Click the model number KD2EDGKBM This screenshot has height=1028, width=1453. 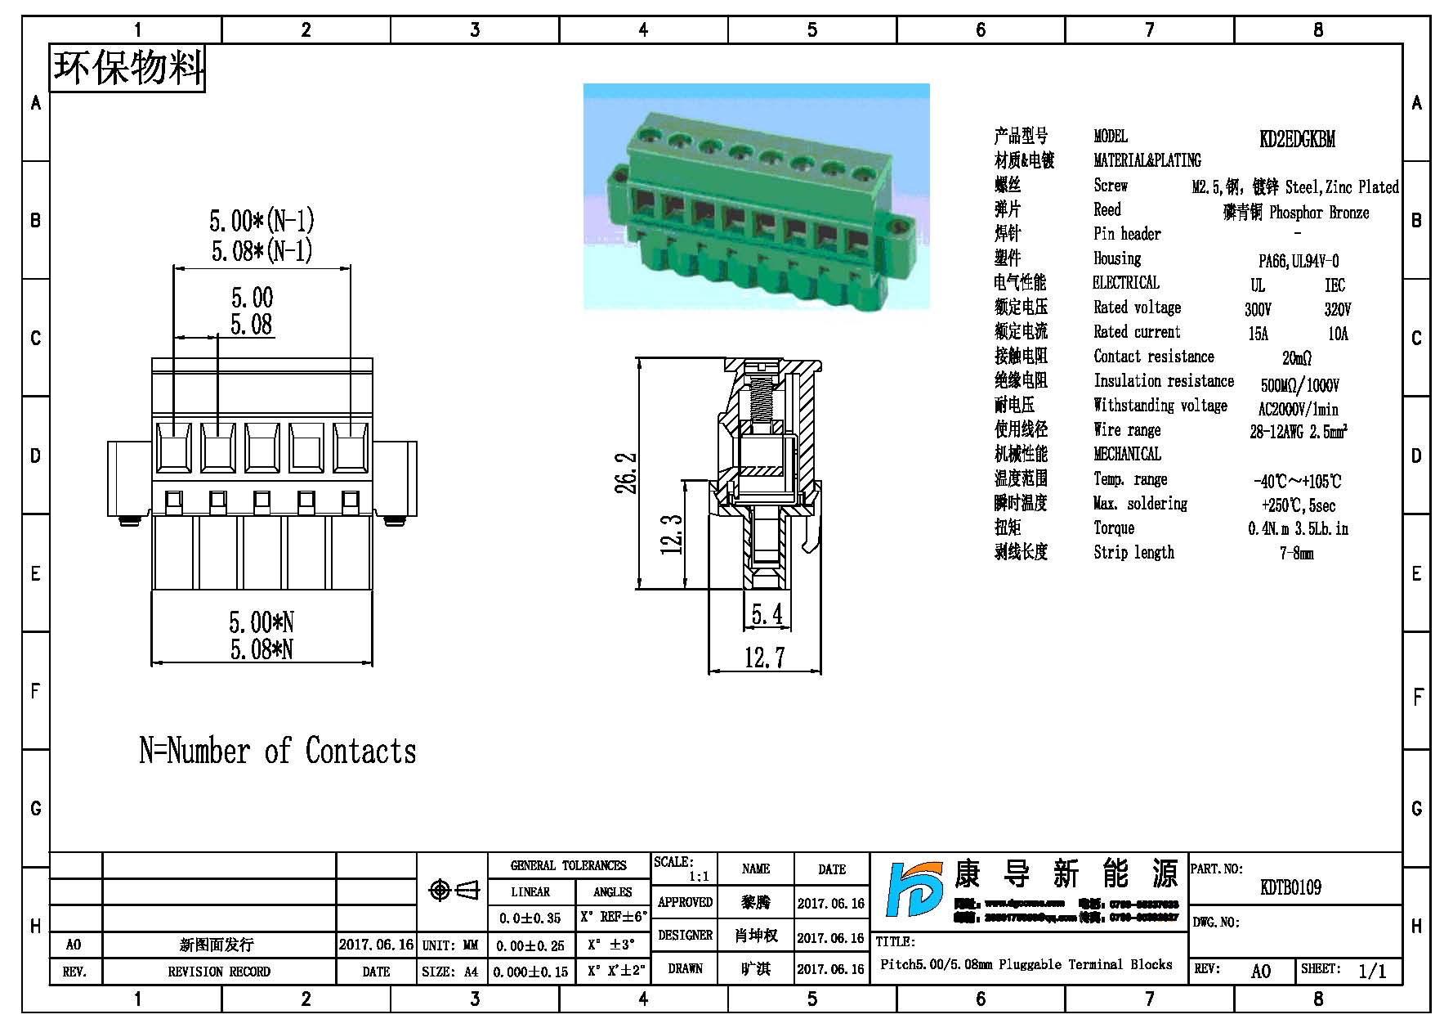(x=1297, y=139)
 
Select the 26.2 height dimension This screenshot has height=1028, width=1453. (x=626, y=474)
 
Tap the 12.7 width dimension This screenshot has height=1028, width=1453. (x=764, y=657)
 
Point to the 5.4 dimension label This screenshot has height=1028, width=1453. (x=766, y=613)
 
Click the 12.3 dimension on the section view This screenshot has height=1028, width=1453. (x=672, y=534)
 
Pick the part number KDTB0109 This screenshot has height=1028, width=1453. (x=1290, y=887)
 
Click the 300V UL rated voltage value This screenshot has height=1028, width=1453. (x=1258, y=310)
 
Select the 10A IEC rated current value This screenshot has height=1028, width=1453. (x=1338, y=334)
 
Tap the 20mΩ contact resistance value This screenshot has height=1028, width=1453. (x=1297, y=358)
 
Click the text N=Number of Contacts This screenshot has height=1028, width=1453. (x=278, y=751)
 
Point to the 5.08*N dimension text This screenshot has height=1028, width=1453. (x=262, y=650)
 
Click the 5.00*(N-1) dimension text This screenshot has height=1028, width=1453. (x=262, y=221)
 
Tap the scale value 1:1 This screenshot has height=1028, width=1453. (x=699, y=877)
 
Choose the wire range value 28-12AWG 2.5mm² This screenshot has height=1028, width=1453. (x=1298, y=432)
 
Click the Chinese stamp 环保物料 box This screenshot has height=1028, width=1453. (x=128, y=68)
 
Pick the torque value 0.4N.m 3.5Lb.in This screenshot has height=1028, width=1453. (x=1298, y=529)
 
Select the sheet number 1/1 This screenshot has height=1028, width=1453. (x=1372, y=971)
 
